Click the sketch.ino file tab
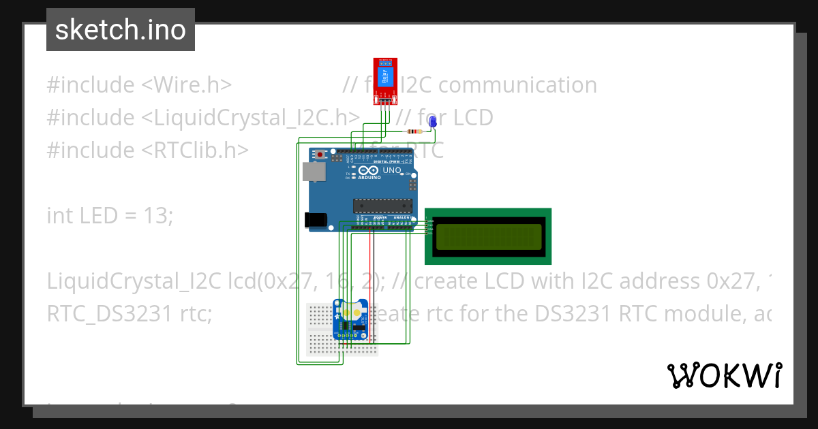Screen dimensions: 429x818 click(x=121, y=30)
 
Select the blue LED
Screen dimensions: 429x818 click(x=432, y=121)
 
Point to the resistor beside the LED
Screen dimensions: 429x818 click(x=413, y=131)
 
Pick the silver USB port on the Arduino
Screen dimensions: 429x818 click(x=314, y=171)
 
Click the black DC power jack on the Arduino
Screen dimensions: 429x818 click(x=315, y=219)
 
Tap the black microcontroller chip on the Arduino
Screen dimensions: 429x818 click(x=382, y=205)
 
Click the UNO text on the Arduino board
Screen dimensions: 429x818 click(x=392, y=170)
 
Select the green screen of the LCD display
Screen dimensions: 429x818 click(x=487, y=236)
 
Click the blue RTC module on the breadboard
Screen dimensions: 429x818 click(x=351, y=319)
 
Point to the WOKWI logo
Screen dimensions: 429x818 click(x=724, y=375)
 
